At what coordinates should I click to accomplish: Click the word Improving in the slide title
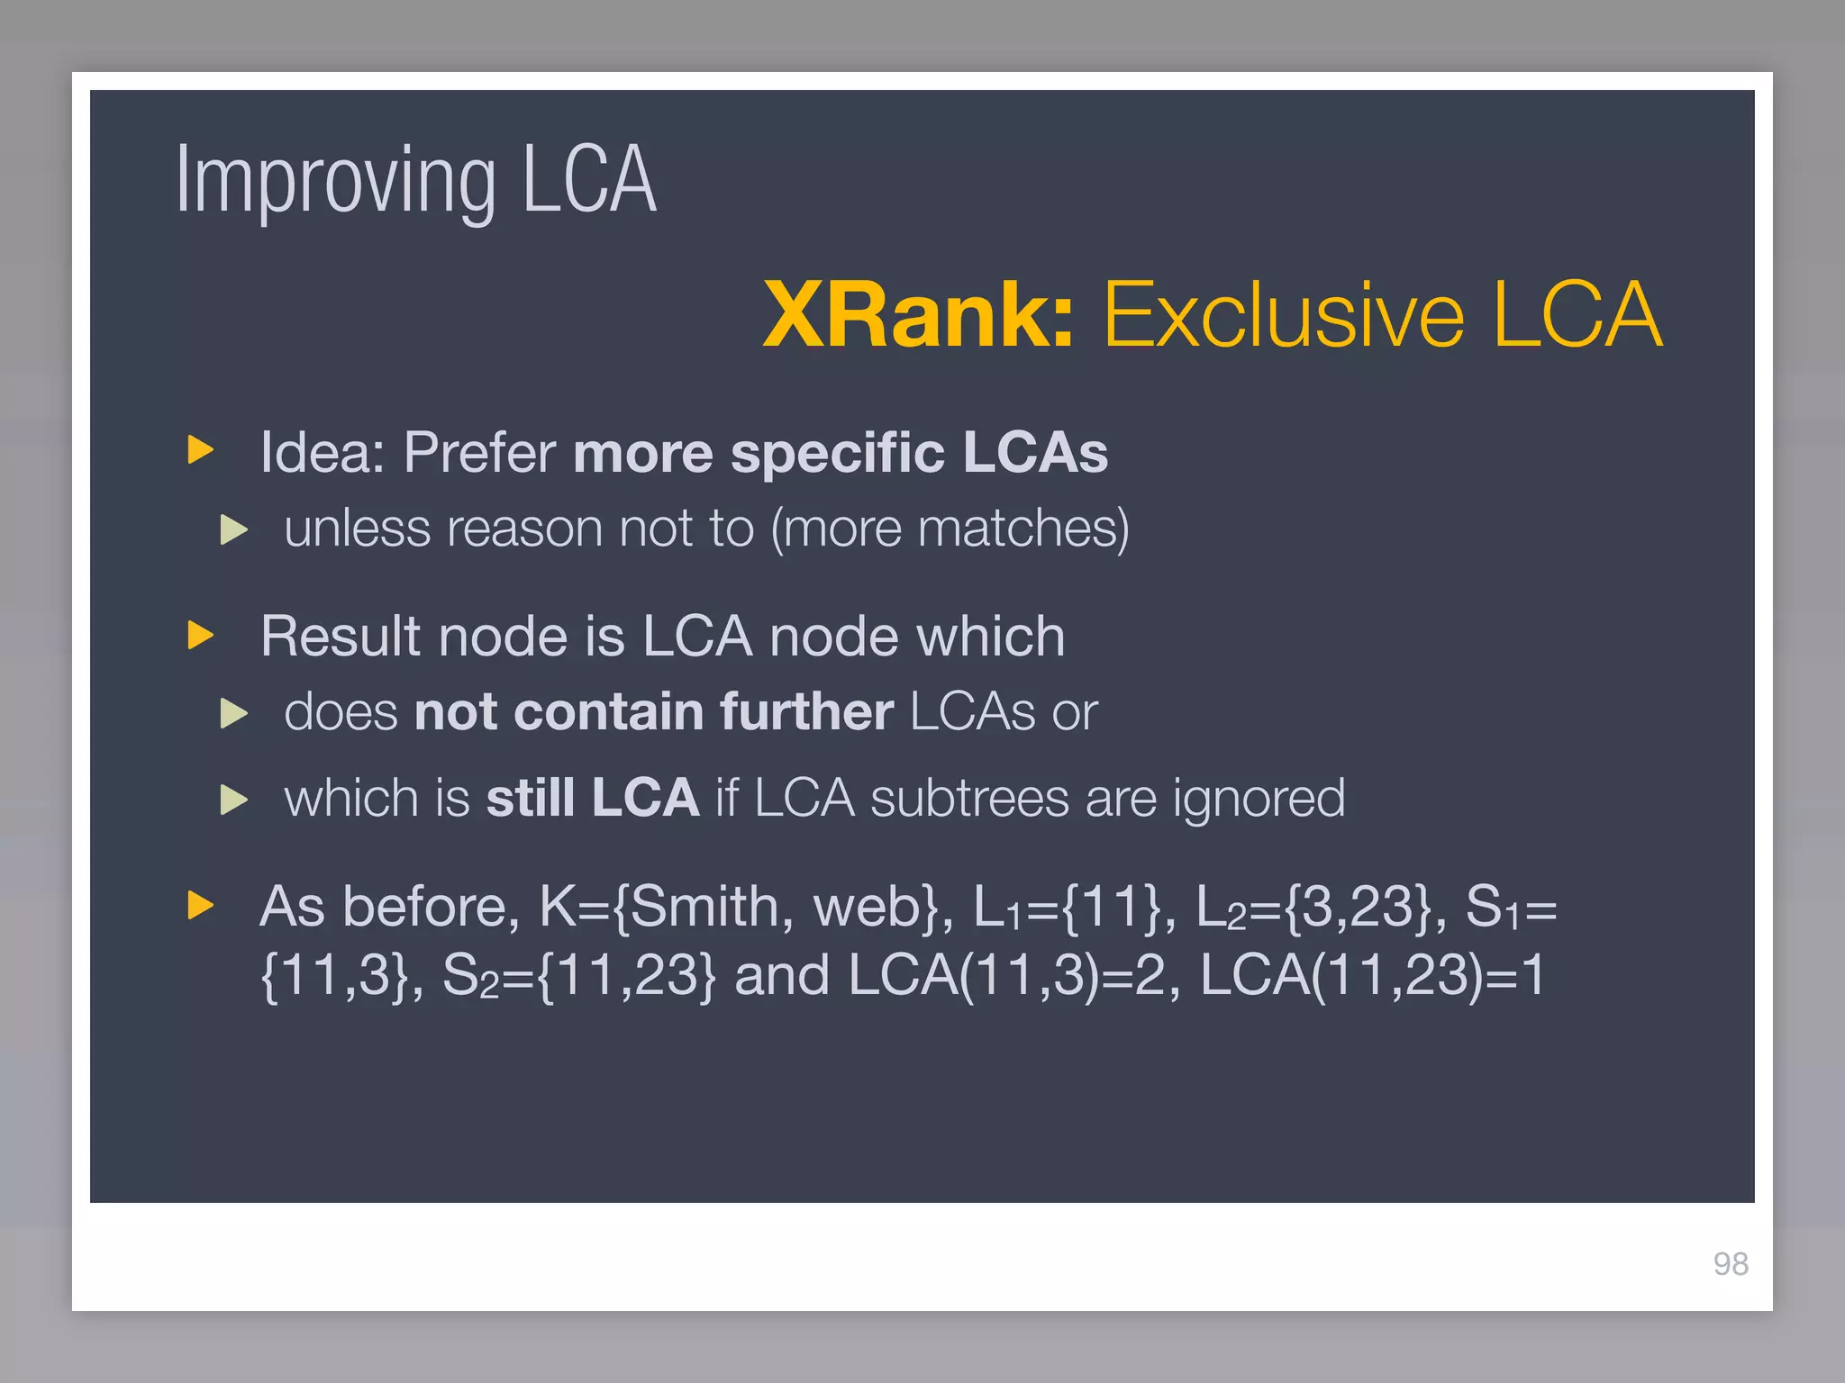tap(335, 181)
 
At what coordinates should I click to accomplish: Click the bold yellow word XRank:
tap(918, 314)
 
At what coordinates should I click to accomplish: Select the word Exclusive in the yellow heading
tap(1283, 314)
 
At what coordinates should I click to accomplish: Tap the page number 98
tap(1731, 1264)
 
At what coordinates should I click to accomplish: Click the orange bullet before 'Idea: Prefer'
tap(200, 449)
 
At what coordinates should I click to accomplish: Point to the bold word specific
tap(837, 452)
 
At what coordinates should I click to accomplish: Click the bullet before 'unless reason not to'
tap(233, 529)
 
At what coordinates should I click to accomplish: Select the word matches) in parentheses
tap(1023, 529)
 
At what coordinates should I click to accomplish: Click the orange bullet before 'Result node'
tap(200, 635)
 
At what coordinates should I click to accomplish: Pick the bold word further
tap(806, 712)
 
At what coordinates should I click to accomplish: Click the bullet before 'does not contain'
tap(233, 714)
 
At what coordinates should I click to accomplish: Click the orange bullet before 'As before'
tap(200, 905)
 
